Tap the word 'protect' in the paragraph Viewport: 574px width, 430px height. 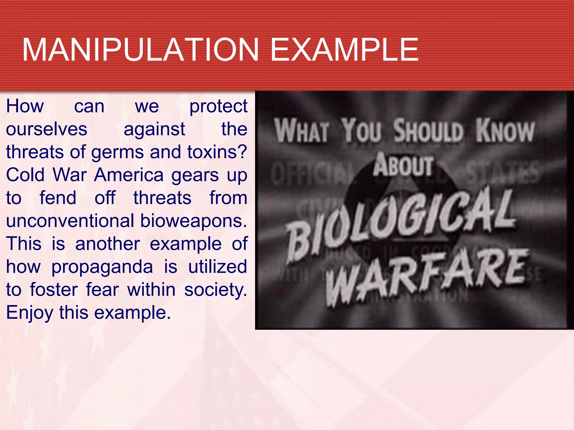[218, 107]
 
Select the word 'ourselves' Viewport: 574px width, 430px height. [47, 129]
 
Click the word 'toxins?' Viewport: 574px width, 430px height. [217, 152]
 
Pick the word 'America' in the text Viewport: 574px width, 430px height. [129, 175]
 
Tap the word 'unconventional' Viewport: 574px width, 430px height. [70, 221]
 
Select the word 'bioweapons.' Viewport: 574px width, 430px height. [194, 221]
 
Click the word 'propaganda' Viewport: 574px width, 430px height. [102, 267]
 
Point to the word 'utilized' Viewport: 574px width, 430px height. [217, 267]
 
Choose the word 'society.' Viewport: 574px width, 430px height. [216, 290]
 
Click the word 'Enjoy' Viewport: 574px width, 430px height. [29, 313]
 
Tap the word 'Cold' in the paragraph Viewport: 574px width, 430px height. [25, 175]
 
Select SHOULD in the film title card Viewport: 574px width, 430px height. [428, 131]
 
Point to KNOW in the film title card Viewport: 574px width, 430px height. [505, 131]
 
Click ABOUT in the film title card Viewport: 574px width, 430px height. [404, 165]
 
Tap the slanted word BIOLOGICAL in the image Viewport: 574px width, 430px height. [401, 221]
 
